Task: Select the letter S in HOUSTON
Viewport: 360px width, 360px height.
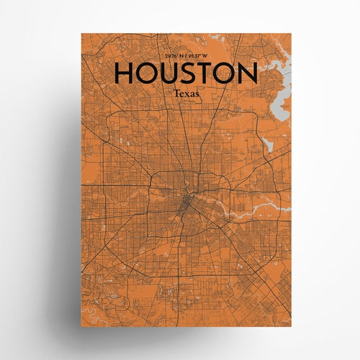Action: point(194,74)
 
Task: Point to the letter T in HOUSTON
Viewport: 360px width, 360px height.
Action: point(212,74)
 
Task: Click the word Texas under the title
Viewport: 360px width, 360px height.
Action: point(184,93)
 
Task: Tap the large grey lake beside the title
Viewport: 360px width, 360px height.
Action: point(276,76)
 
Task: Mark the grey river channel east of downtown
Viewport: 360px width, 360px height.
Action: point(252,209)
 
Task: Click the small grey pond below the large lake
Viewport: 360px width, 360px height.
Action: point(269,145)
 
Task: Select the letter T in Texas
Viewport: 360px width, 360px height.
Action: point(175,93)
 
